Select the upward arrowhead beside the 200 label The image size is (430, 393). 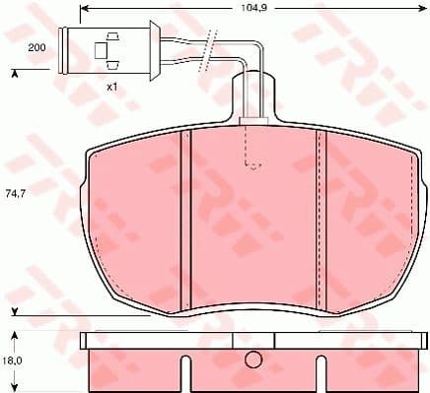[14, 72]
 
